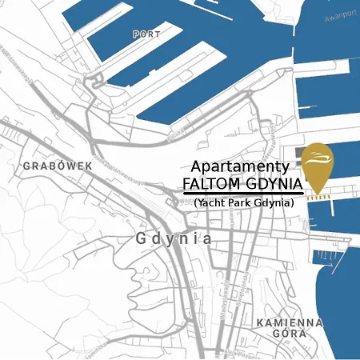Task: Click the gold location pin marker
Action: (319, 165)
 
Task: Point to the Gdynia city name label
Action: (174, 238)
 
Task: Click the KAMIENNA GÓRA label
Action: (289, 330)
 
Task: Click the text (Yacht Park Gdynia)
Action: (243, 203)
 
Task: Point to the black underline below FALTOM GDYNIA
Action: (242, 194)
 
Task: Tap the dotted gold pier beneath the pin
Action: (319, 195)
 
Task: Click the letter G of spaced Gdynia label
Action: (142, 238)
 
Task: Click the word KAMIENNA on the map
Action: (289, 322)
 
